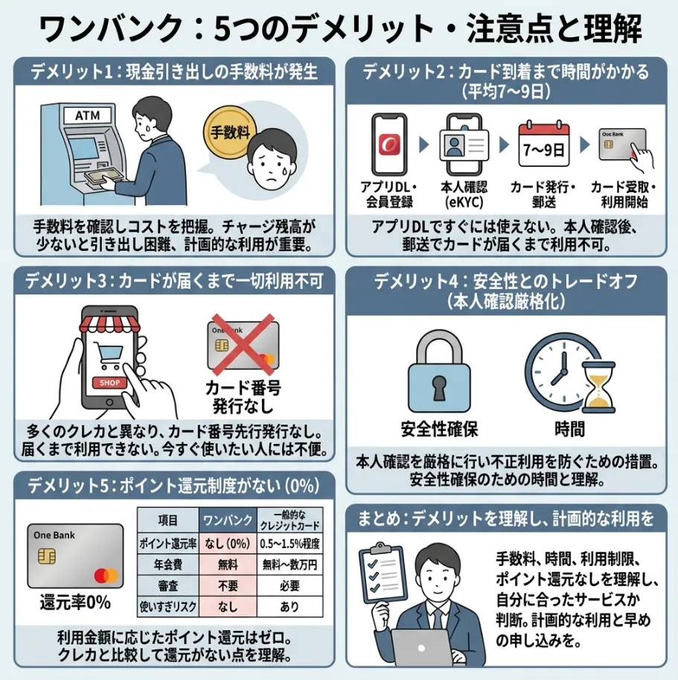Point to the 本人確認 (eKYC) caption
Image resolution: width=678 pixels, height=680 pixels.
tap(466, 194)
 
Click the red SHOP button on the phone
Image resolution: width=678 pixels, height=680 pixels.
tap(109, 383)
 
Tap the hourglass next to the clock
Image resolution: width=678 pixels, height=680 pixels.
tap(599, 388)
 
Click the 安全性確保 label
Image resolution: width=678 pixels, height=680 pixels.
tap(438, 429)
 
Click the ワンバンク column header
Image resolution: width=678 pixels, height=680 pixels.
tap(226, 519)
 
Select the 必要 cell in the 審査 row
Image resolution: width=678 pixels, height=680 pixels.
tap(290, 585)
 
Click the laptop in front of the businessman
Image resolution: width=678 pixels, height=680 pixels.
tap(422, 648)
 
